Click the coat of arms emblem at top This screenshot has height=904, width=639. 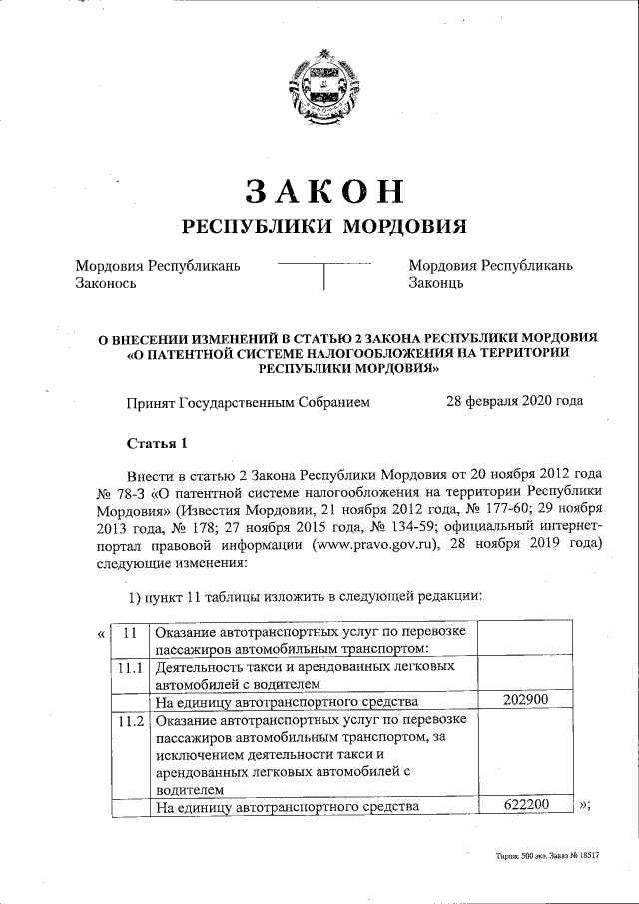pyautogui.click(x=319, y=85)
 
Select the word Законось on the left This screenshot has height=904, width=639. pyautogui.click(x=106, y=283)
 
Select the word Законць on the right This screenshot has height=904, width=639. pyautogui.click(x=437, y=283)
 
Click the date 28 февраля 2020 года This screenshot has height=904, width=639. pyautogui.click(x=514, y=402)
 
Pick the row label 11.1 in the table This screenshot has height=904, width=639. pyautogui.click(x=129, y=666)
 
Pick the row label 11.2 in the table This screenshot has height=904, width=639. pyautogui.click(x=129, y=719)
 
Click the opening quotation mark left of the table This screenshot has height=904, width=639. pyautogui.click(x=101, y=632)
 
